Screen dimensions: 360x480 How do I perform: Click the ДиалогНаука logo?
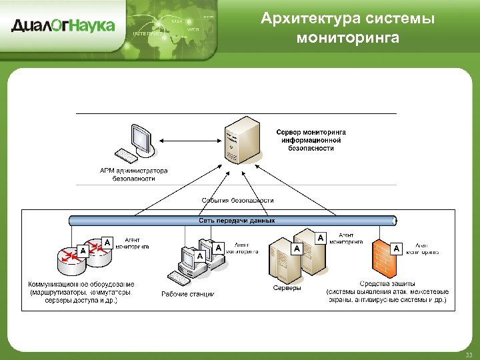63,26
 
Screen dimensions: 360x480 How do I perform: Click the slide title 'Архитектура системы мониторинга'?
348,28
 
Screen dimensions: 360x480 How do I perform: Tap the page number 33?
469,355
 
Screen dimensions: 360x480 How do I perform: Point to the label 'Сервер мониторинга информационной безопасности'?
311,140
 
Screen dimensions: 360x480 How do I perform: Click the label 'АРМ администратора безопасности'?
133,175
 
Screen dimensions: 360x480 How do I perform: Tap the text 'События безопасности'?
237,200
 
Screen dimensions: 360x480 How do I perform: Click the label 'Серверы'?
287,288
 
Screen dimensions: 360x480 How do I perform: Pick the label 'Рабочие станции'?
188,294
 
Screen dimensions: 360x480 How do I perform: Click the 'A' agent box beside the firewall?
397,249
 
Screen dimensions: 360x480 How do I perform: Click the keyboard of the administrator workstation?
126,157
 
